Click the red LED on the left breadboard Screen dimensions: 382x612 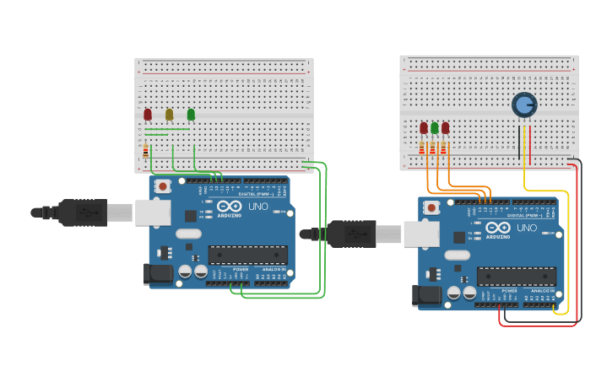point(148,114)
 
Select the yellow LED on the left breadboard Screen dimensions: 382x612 point(169,114)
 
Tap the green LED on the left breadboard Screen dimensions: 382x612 point(191,114)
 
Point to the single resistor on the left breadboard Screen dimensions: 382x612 point(145,151)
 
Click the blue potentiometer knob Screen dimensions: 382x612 point(524,105)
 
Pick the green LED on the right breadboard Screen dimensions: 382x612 point(435,128)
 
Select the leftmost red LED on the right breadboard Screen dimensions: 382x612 point(424,128)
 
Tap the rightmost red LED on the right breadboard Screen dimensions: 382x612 point(446,128)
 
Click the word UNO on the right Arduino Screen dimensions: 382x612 point(527,228)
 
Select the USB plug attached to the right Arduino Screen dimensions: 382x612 point(351,234)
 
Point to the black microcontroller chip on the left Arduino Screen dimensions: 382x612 point(247,255)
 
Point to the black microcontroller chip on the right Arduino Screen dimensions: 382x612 point(516,276)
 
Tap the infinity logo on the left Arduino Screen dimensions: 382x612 point(229,207)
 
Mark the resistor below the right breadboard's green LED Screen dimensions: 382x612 point(432,148)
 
